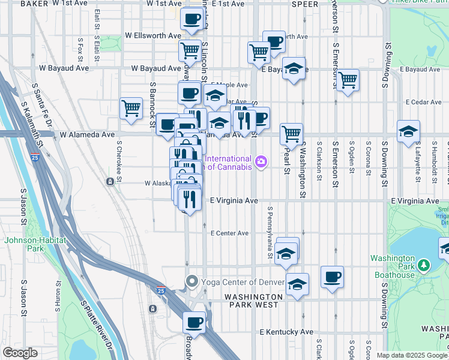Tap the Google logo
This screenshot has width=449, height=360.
click(19, 353)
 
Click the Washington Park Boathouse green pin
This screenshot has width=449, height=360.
click(424, 265)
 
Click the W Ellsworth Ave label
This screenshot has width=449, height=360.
click(152, 36)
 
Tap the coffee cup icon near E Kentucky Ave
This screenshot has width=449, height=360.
click(194, 322)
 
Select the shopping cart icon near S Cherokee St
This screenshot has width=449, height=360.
click(131, 108)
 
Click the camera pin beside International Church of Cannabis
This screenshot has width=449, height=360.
click(261, 161)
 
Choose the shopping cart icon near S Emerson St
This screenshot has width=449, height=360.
click(348, 79)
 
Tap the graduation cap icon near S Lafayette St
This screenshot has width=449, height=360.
click(408, 131)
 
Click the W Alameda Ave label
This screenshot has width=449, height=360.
click(86, 135)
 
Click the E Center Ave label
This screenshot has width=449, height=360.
click(229, 233)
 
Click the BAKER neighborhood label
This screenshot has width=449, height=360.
click(34, 4)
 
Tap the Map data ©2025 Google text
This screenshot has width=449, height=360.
click(411, 355)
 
